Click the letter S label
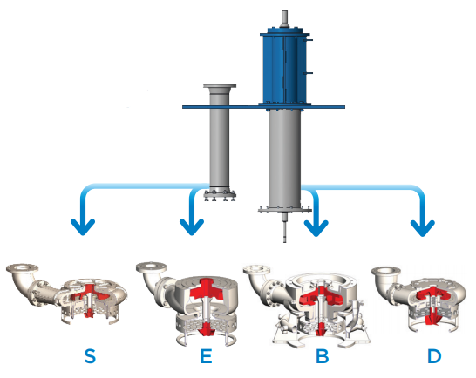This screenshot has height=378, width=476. [x=90, y=355]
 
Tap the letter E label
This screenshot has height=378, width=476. [x=206, y=355]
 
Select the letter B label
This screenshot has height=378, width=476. [x=323, y=355]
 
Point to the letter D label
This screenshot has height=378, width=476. [x=434, y=355]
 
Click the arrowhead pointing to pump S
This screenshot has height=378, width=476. [x=83, y=227]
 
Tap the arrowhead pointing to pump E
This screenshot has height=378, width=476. [x=192, y=227]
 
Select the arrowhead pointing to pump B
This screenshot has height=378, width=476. [x=316, y=227]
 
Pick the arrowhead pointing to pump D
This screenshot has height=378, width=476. [x=423, y=227]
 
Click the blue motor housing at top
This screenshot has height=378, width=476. [x=285, y=67]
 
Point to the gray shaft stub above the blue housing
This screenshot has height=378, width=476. [x=285, y=19]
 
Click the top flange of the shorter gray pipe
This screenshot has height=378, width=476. [x=220, y=86]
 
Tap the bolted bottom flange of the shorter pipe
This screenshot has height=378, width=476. [x=220, y=195]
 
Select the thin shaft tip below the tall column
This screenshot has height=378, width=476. [x=285, y=227]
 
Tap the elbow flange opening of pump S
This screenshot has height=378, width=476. [x=22, y=268]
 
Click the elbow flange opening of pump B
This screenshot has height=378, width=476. [x=257, y=269]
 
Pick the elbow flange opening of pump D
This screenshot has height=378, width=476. [x=386, y=271]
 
